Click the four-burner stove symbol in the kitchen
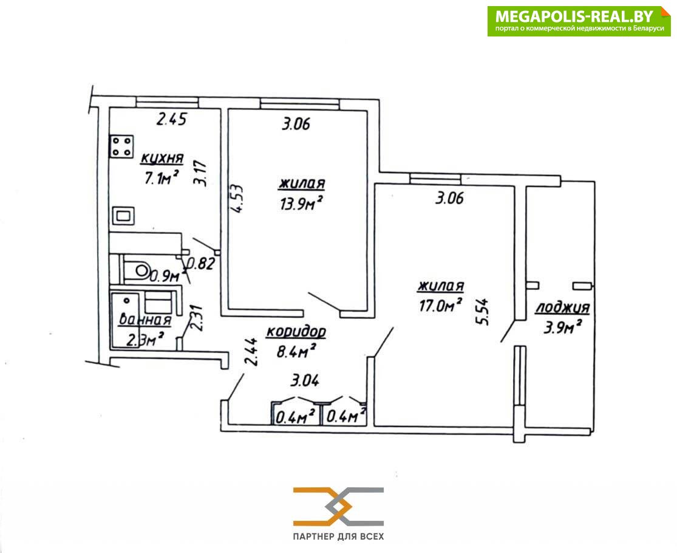pos(122,146)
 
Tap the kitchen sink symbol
pos(123,216)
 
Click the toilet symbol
pos(137,270)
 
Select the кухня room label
pos(162,159)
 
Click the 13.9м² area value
pos(302,202)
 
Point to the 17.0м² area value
pos(441,305)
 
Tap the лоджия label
pos(563,307)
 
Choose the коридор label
pos(296,332)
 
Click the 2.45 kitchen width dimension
pos(171,119)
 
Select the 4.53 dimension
pos(236,199)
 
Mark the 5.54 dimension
pos(482,312)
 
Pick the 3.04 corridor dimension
pos(305,380)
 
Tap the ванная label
pos(145,320)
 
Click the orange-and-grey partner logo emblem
pos(339,506)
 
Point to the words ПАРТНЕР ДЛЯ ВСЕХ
pos(339,537)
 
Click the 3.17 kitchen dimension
pos(200,173)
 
